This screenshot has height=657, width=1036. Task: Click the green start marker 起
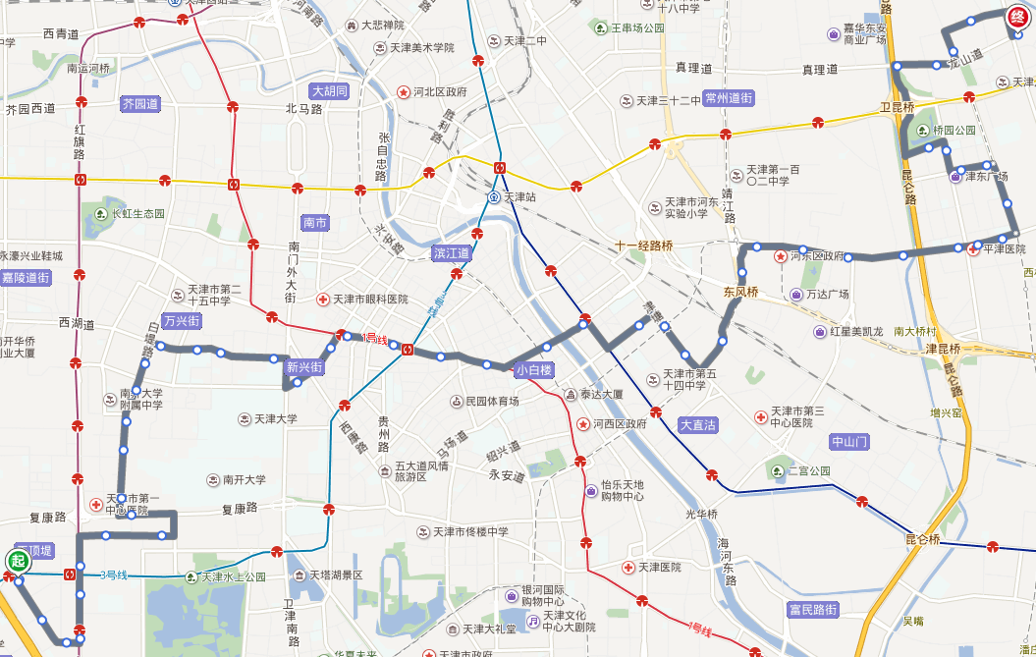[17, 561]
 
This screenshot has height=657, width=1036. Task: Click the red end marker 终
[1018, 18]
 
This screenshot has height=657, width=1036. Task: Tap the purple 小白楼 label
[534, 370]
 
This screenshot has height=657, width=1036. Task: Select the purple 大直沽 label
[698, 425]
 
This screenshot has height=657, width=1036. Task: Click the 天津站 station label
[521, 197]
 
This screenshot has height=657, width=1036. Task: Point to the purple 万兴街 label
[182, 321]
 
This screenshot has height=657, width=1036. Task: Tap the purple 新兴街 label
[304, 368]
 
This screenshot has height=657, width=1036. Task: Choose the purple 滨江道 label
[453, 253]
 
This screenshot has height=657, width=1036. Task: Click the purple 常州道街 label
[729, 98]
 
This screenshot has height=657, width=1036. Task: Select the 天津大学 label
[275, 419]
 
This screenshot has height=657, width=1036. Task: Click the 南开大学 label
[244, 480]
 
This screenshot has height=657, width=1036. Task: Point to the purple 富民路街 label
[814, 610]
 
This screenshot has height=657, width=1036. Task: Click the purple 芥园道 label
[139, 103]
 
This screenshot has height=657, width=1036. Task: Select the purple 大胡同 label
[330, 91]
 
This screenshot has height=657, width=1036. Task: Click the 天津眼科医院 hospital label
[369, 300]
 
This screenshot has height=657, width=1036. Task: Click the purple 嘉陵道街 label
[25, 278]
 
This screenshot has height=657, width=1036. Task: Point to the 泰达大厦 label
[601, 395]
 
